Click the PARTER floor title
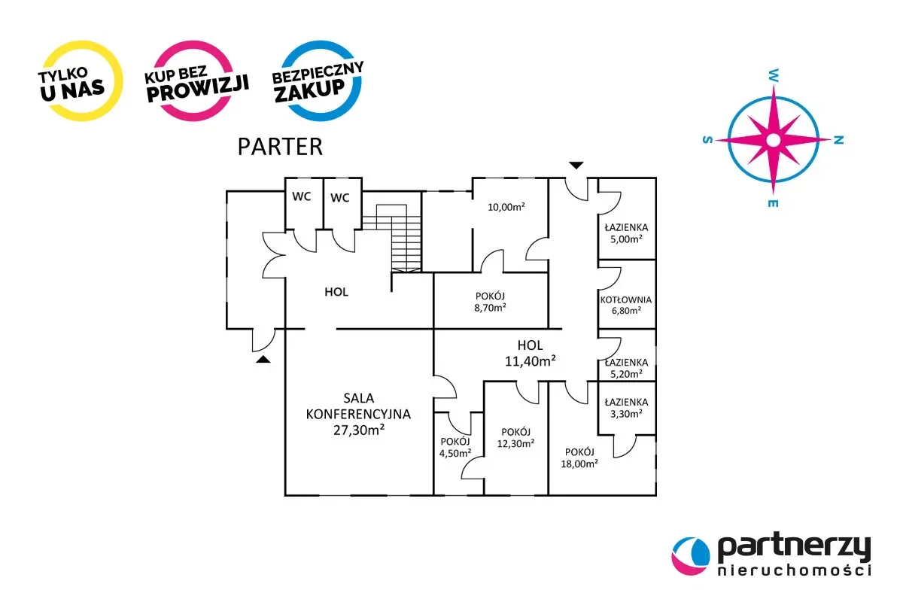coord(280,146)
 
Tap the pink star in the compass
coord(773,139)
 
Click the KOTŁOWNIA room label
coord(626,299)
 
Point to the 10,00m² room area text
coord(506,207)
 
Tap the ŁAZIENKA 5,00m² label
coord(626,233)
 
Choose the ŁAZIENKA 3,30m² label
coord(626,407)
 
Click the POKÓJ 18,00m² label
coord(580,458)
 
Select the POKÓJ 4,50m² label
coord(456,447)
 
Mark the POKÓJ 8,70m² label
coord(489,301)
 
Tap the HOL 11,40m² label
coord(530,353)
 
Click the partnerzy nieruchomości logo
coord(771,555)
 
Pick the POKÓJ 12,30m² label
coord(515,437)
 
